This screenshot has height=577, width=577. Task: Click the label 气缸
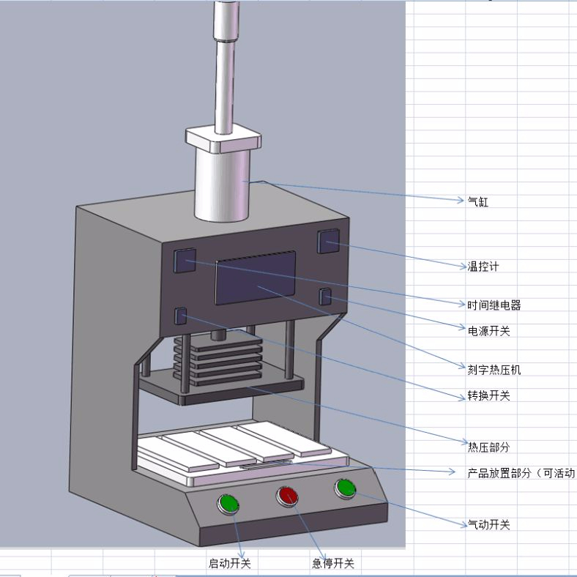tap(477, 201)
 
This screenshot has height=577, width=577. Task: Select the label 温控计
tap(483, 266)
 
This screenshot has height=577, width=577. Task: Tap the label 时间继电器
tap(494, 305)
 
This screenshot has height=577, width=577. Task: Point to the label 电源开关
tap(488, 330)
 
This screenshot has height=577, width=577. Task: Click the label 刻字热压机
tap(494, 370)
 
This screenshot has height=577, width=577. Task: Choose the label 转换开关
tap(488, 395)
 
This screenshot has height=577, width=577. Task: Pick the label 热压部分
tap(488, 447)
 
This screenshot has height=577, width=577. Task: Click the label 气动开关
tap(488, 524)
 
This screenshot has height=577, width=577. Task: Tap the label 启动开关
tap(230, 563)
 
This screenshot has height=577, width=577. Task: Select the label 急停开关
tap(333, 563)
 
